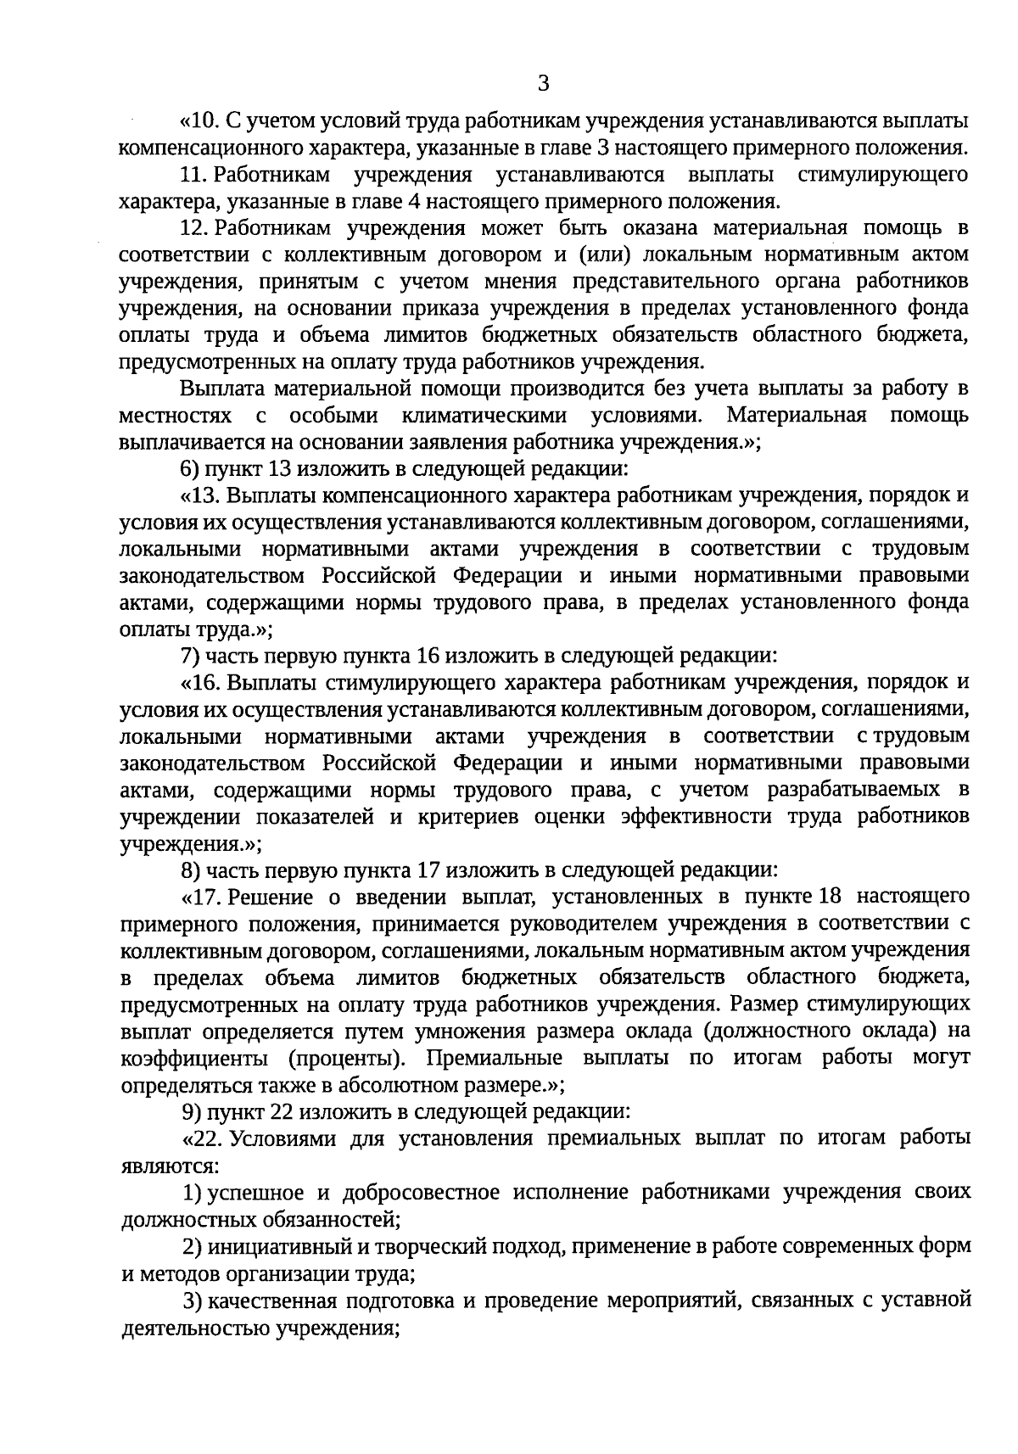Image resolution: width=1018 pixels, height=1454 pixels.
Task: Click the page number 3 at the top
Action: tap(544, 83)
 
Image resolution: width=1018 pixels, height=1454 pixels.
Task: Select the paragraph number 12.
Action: tap(194, 228)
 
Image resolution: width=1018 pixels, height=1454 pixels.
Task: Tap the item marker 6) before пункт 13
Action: tap(191, 468)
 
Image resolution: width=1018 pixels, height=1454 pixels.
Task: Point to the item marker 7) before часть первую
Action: tap(191, 655)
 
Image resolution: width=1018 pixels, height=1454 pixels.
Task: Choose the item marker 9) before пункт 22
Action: tap(191, 1110)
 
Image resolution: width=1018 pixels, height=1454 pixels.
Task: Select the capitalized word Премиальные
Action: tap(493, 1058)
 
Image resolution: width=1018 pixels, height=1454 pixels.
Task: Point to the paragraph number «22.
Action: tap(201, 1138)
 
